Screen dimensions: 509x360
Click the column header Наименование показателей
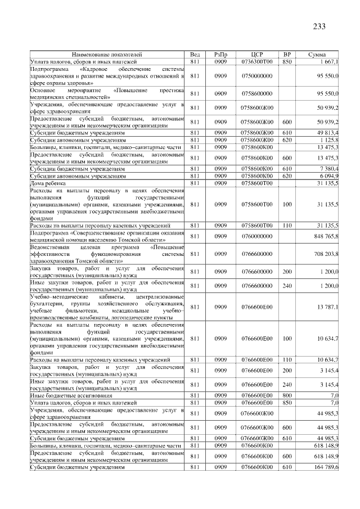106,54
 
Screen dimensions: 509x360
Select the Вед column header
195,54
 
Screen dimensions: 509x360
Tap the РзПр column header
220,54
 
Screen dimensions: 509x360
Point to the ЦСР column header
256,54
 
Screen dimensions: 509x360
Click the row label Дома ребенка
46,183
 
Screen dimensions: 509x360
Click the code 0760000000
256,236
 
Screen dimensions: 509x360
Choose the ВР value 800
287,396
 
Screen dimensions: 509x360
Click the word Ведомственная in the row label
49,247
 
